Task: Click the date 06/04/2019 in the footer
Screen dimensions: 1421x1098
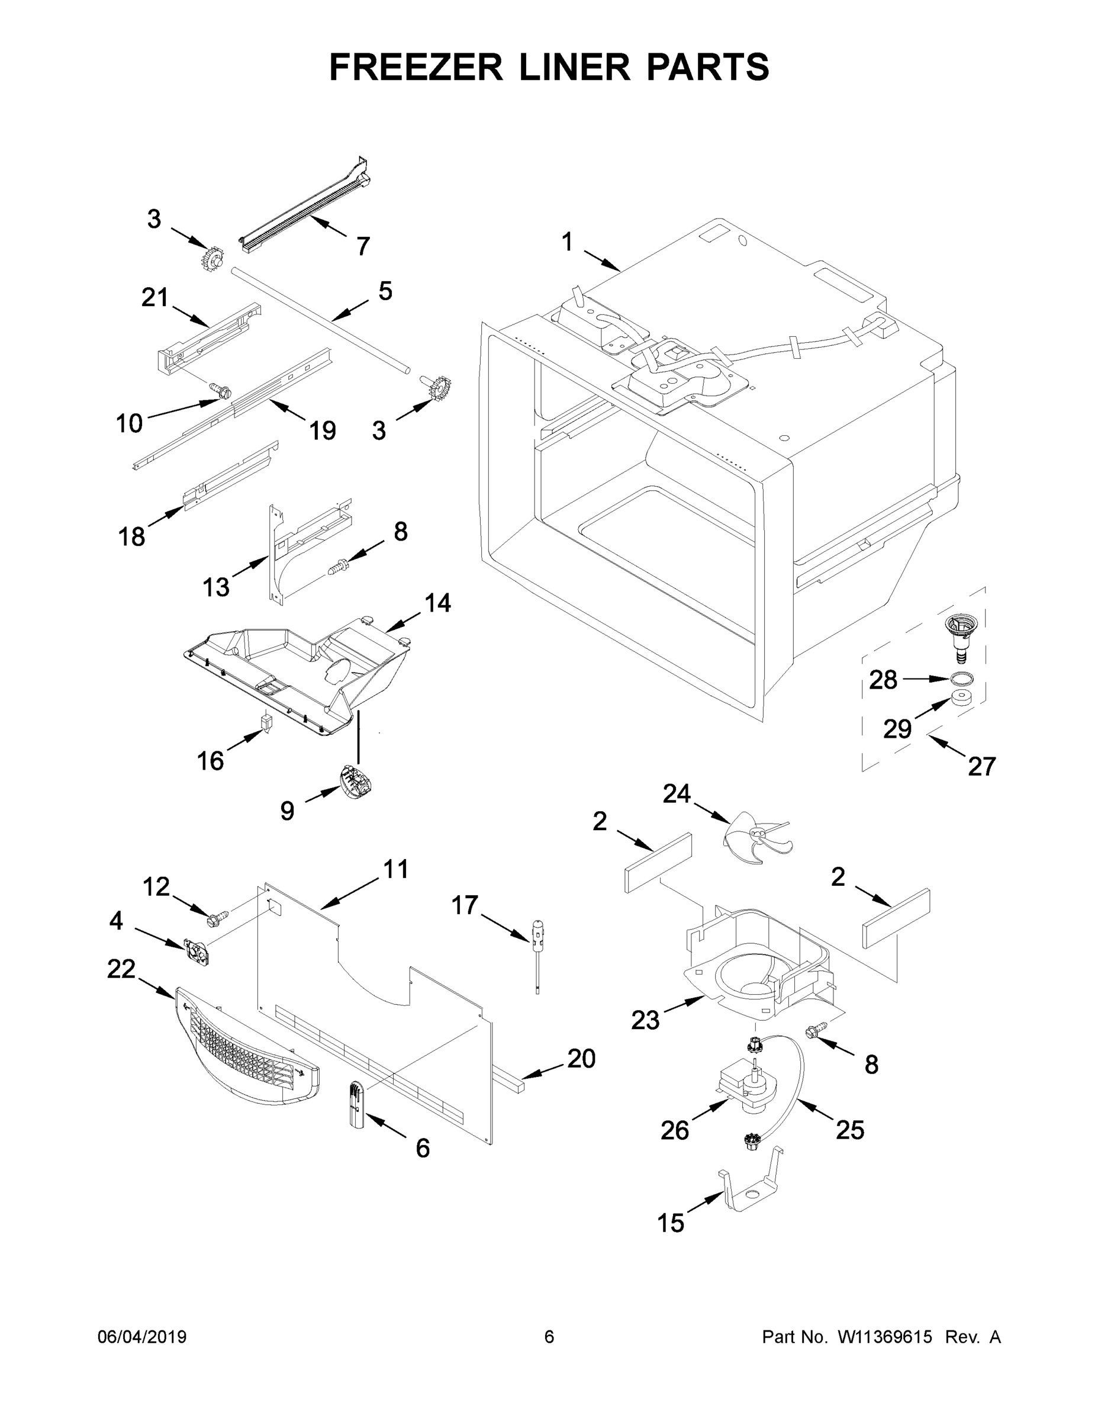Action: pos(142,1336)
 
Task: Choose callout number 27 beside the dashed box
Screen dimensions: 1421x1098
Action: pos(981,767)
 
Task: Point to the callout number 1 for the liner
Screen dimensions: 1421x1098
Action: pos(567,242)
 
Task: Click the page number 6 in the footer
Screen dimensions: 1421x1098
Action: pos(549,1336)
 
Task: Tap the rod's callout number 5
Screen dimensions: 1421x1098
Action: pos(385,291)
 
